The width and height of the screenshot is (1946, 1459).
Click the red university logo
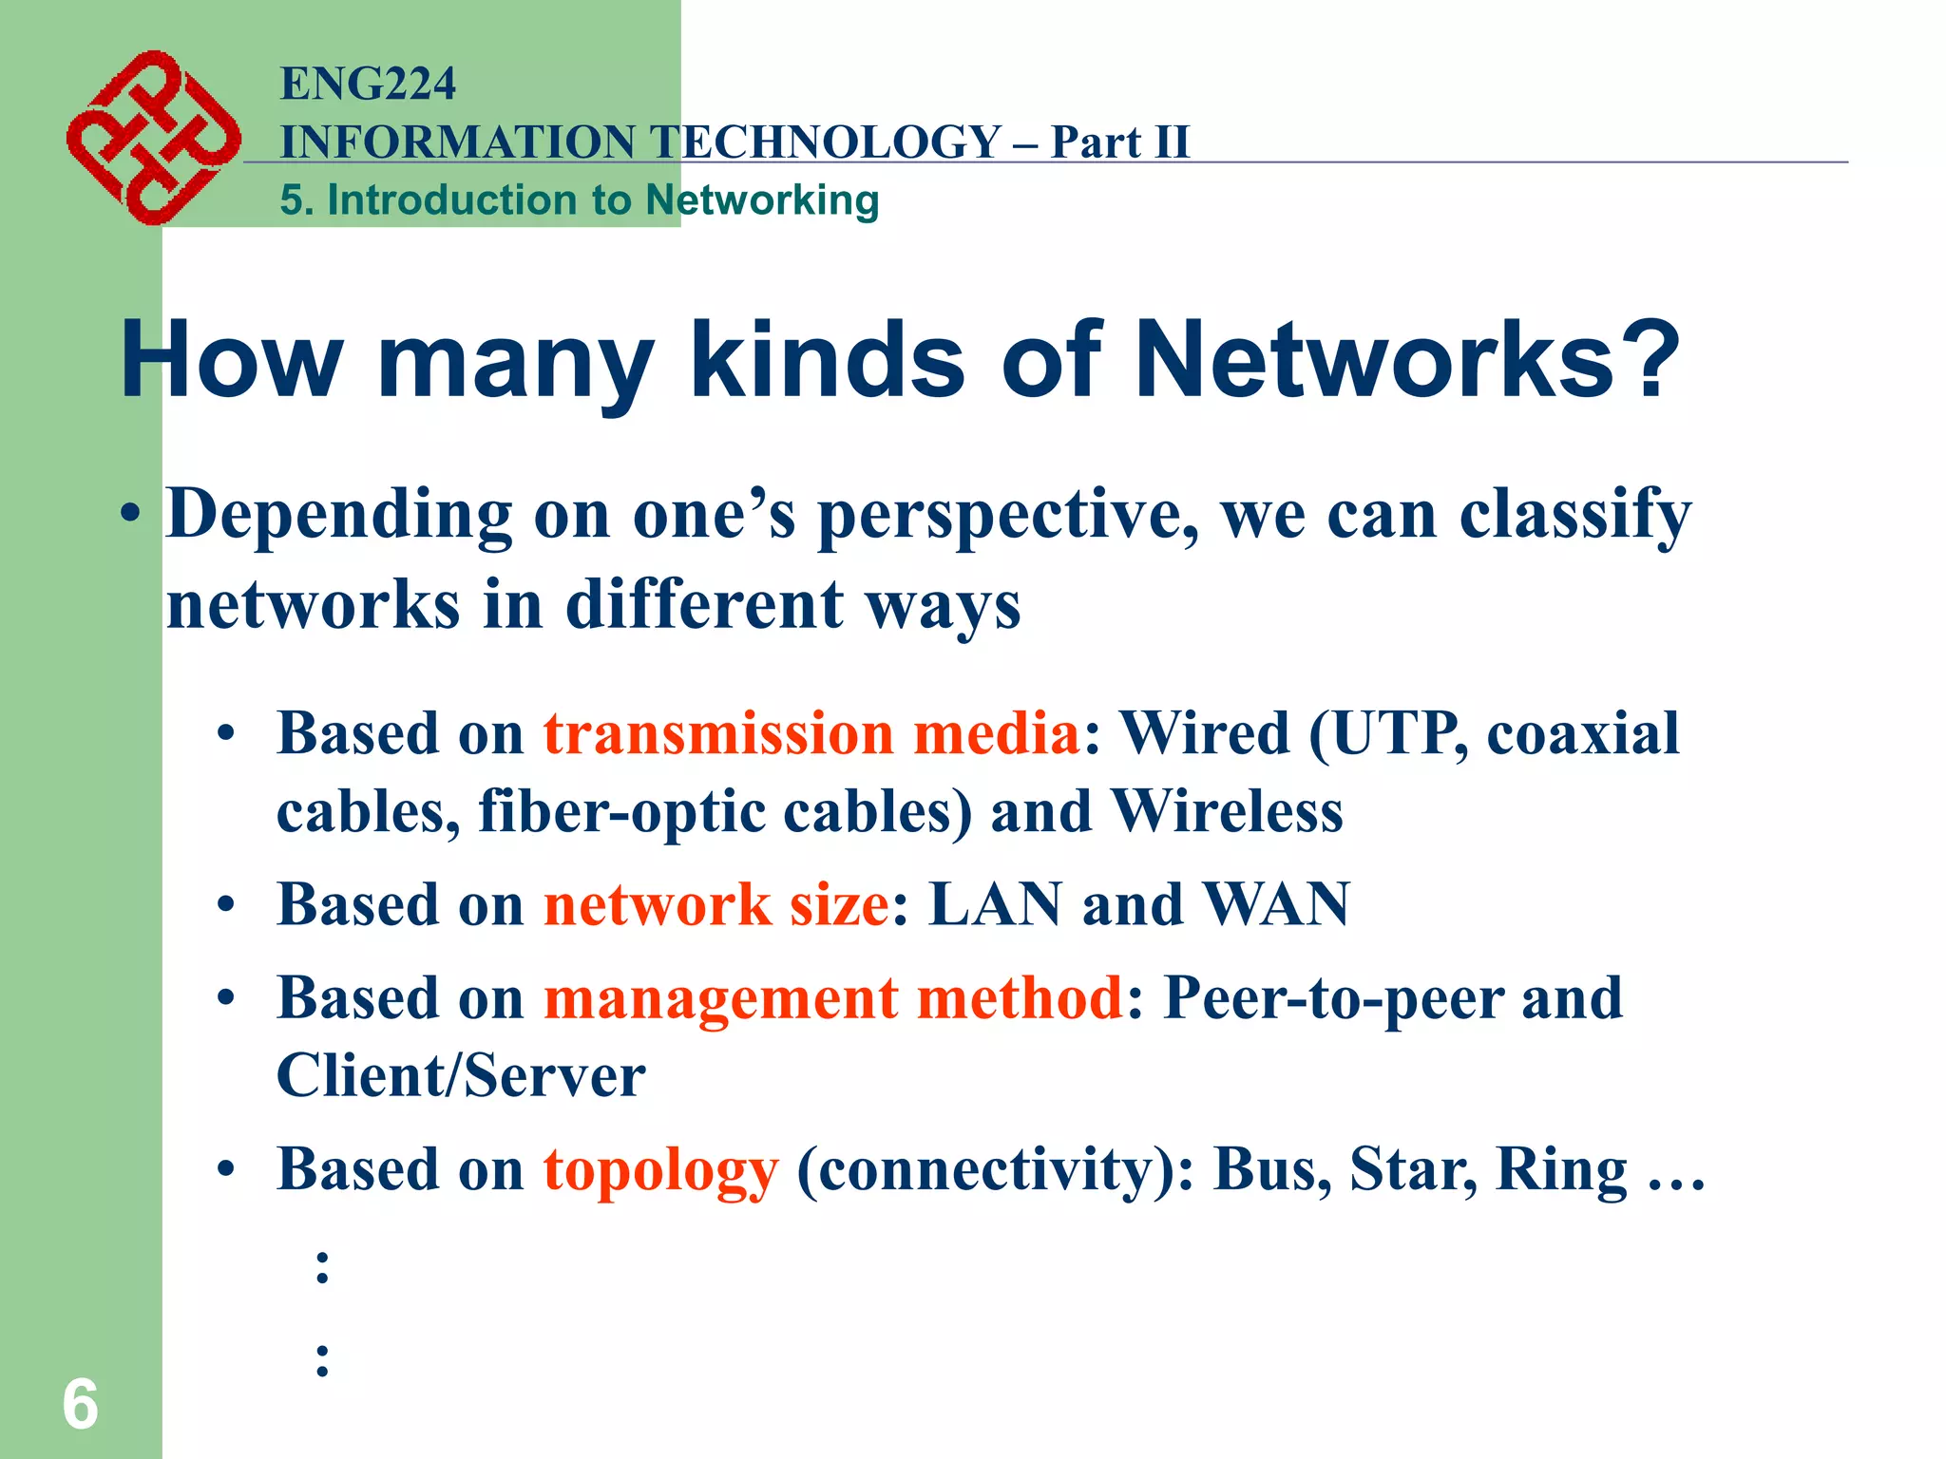click(153, 138)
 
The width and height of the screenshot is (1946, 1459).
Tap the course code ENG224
click(368, 84)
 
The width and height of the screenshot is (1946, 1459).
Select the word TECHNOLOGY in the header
click(827, 142)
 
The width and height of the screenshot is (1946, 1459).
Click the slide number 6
click(80, 1404)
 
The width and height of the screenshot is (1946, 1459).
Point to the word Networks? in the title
click(1407, 361)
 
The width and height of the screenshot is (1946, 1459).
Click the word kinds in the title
click(827, 361)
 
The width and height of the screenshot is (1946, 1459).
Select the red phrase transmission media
click(811, 733)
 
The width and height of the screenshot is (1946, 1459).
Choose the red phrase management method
click(833, 998)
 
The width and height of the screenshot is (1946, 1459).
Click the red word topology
click(660, 1169)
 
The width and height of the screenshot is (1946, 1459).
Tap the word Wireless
click(1227, 811)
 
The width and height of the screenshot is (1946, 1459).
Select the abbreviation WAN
click(1276, 903)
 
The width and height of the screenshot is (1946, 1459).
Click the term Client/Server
click(461, 1075)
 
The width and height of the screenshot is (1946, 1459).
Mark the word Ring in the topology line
click(1561, 1169)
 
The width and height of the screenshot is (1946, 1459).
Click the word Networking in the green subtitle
click(762, 200)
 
